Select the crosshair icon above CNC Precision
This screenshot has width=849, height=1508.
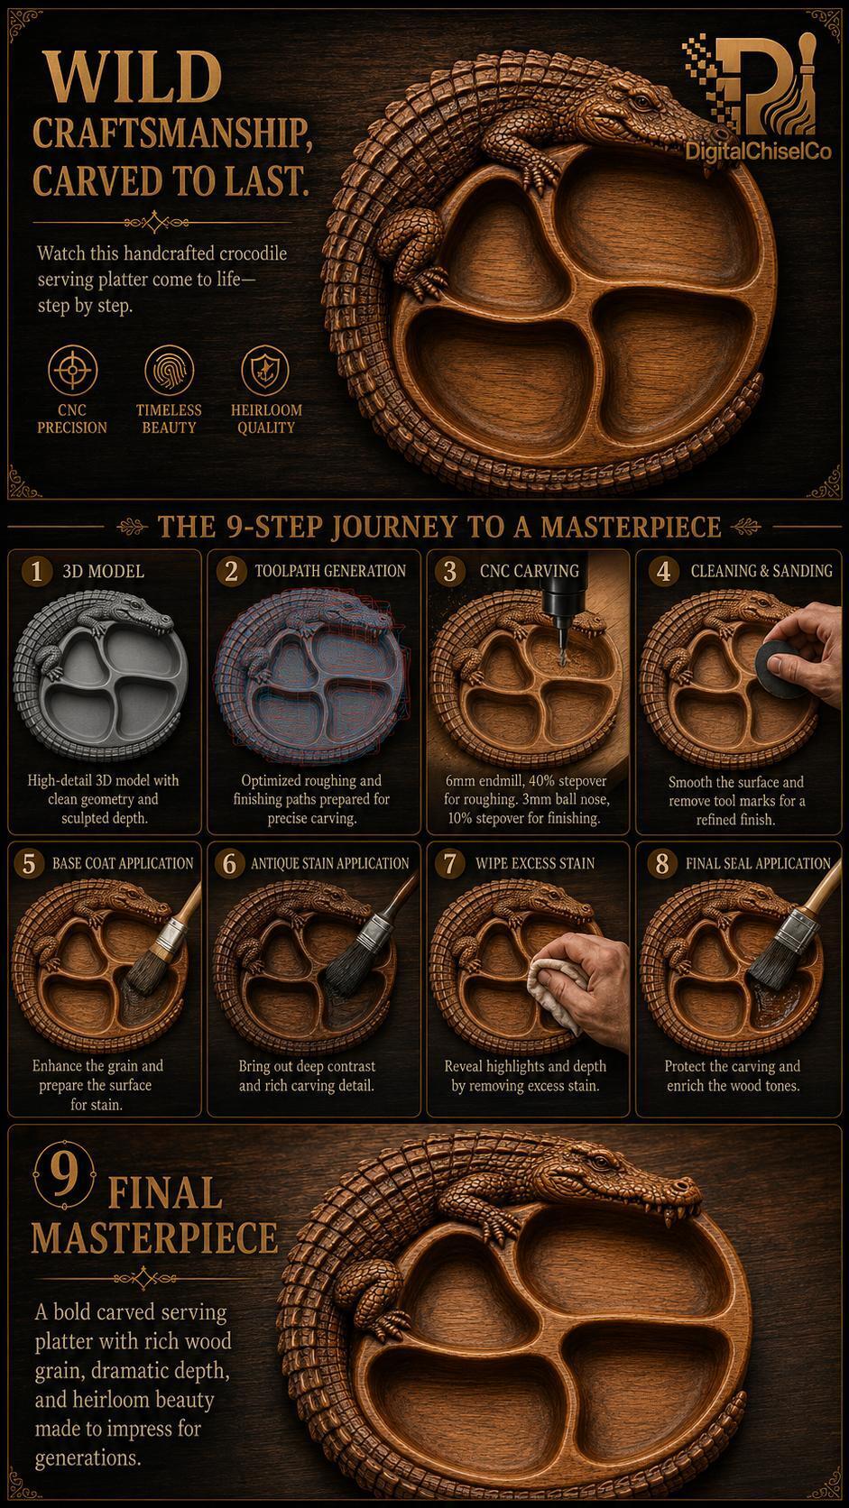72,371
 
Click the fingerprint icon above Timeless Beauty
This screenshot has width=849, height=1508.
169,371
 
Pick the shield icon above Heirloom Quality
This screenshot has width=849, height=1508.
265,371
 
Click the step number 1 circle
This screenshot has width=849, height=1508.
36,572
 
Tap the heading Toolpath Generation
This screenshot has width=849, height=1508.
330,571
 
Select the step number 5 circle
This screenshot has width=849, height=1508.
29,864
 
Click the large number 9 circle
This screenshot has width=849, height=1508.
64,1178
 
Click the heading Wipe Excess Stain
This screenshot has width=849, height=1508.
535,863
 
